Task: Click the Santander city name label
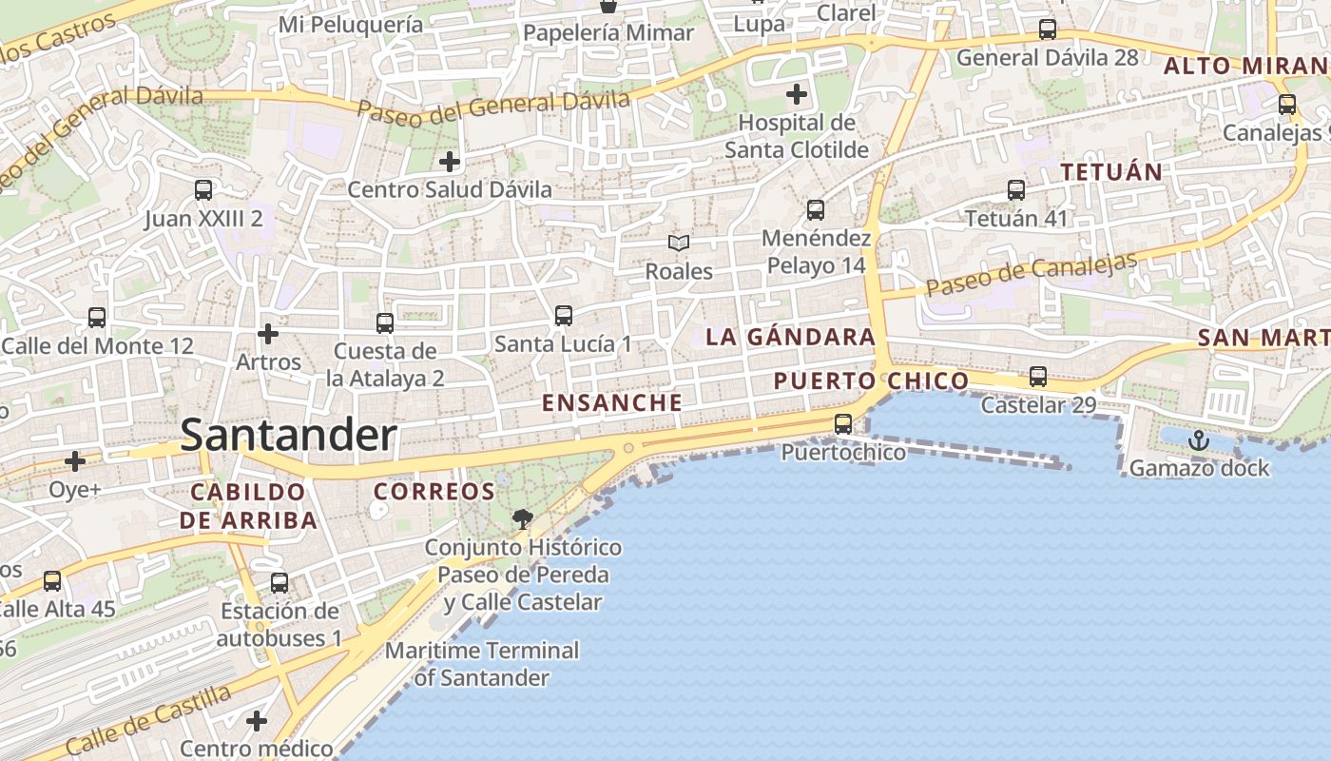tap(288, 436)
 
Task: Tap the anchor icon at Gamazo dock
tap(1198, 439)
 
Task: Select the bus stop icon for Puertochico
tap(843, 424)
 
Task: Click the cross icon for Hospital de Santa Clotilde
tap(797, 94)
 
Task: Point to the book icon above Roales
tap(678, 244)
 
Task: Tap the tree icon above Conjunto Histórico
tap(522, 518)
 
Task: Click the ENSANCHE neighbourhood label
tap(612, 402)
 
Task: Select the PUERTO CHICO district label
tap(871, 381)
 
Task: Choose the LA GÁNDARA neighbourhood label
tap(790, 337)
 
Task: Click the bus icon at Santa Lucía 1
tap(564, 315)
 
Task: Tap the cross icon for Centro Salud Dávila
tap(450, 161)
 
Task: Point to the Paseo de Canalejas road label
tap(1032, 275)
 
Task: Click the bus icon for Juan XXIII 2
tap(203, 190)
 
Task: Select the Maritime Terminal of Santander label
tap(482, 664)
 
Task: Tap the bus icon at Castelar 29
tap(1038, 377)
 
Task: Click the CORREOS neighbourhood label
tap(434, 492)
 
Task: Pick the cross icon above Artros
tap(268, 334)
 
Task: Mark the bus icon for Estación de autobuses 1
tap(280, 582)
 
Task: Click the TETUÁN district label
tap(1111, 172)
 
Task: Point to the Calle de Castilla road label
tap(148, 720)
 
